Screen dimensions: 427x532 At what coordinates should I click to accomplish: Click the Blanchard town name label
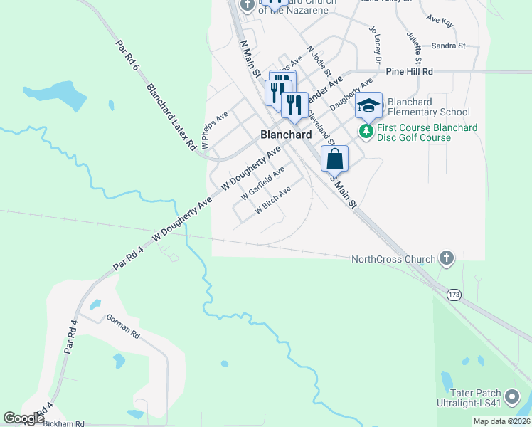286,135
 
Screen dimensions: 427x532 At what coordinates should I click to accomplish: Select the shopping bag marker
335,159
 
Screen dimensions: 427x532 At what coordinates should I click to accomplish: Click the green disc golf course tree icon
366,131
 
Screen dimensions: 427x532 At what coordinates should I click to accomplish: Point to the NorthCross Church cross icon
446,258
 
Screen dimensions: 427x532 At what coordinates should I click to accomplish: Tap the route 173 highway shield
454,292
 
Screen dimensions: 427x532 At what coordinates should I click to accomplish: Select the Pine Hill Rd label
409,72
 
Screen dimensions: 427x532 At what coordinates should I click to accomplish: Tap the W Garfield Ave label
262,181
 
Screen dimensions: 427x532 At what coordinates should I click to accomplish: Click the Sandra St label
448,46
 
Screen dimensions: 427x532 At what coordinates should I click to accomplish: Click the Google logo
23,418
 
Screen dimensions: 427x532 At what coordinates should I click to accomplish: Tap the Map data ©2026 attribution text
501,421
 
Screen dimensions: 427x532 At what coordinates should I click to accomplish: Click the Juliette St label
415,45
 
